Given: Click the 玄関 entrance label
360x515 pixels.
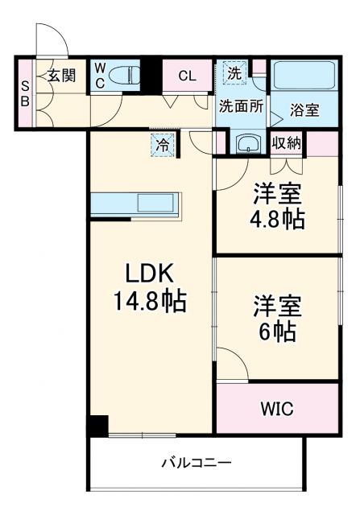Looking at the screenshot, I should (x=61, y=76).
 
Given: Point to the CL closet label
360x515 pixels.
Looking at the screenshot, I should (x=186, y=76).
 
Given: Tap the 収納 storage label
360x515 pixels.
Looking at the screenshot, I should (x=287, y=143).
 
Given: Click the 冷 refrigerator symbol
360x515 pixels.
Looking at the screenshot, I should (x=163, y=146).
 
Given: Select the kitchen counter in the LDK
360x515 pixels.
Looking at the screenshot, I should (x=136, y=204).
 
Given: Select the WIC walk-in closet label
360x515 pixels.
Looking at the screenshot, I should (x=275, y=409).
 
